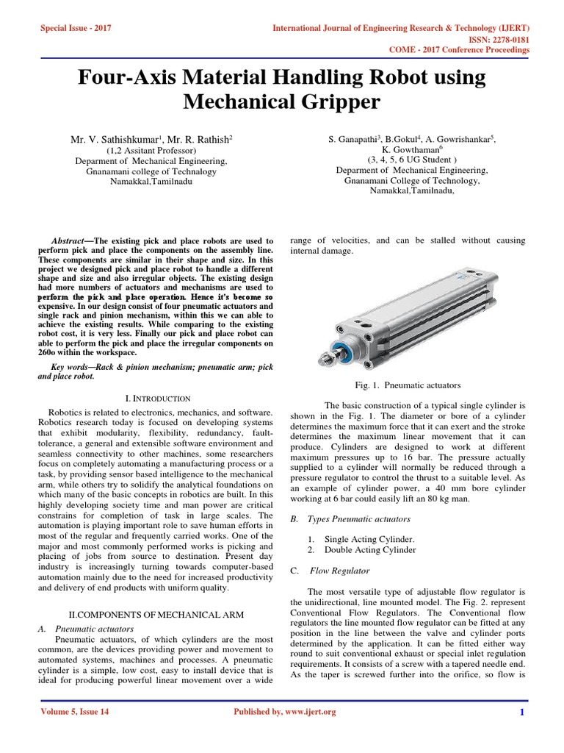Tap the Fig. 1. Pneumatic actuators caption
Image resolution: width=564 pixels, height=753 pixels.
407,385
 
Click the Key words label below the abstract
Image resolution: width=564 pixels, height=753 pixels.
73,365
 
